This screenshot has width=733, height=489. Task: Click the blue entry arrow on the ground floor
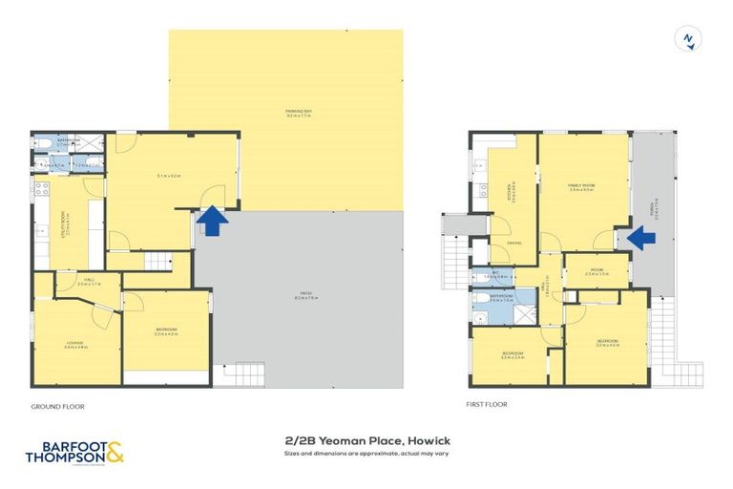(x=212, y=222)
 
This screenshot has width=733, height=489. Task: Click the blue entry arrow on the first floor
(x=643, y=238)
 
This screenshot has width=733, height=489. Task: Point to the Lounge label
(x=74, y=344)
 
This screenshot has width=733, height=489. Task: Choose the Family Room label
(x=581, y=188)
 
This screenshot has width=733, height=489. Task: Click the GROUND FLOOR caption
(x=57, y=407)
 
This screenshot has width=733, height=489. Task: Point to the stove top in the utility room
(x=42, y=188)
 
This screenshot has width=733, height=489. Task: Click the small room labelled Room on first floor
(x=597, y=271)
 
